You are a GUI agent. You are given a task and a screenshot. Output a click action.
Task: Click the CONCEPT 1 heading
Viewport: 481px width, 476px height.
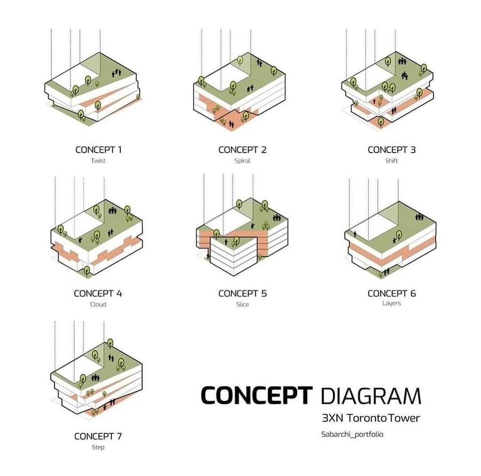coord(99,150)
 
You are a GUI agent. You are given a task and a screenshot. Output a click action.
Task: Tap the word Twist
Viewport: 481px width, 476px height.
coord(98,161)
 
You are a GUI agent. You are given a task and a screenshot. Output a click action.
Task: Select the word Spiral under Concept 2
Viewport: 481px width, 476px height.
coord(243,161)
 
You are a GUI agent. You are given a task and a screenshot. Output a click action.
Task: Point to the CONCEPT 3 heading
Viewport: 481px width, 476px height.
coord(392,150)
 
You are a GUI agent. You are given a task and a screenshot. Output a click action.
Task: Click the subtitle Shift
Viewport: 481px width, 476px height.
coord(391,161)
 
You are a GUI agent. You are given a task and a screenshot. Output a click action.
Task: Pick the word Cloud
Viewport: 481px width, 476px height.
coord(98,305)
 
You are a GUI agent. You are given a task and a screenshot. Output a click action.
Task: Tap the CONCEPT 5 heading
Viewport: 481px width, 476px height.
coord(243,294)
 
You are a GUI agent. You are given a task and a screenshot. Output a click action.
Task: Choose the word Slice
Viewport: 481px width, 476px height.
coord(243,305)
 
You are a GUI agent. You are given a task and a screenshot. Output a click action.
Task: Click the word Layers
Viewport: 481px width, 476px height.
coord(391,303)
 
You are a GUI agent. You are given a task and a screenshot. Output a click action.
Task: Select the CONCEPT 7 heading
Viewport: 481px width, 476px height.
coord(98,436)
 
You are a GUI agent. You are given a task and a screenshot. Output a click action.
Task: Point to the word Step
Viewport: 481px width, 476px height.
coord(98,447)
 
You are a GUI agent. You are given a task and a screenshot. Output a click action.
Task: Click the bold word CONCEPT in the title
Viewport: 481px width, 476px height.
coord(257,395)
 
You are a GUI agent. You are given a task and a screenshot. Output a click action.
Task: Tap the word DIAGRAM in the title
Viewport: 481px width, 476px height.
coord(371,396)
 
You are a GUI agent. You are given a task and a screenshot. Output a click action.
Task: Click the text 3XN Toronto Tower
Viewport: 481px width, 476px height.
coord(371,418)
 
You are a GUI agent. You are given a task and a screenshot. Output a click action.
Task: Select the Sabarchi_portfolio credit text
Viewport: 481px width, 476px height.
coord(352,434)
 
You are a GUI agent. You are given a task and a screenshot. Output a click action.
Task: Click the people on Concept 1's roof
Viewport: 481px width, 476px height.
coord(116,73)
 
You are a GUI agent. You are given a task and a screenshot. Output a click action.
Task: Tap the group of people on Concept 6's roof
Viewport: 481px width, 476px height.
coord(419,217)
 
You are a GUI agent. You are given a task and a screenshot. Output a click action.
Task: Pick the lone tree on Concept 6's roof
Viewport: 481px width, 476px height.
coord(399,235)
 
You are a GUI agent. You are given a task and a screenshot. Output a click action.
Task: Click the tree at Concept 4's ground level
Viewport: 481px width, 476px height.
coord(87,271)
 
